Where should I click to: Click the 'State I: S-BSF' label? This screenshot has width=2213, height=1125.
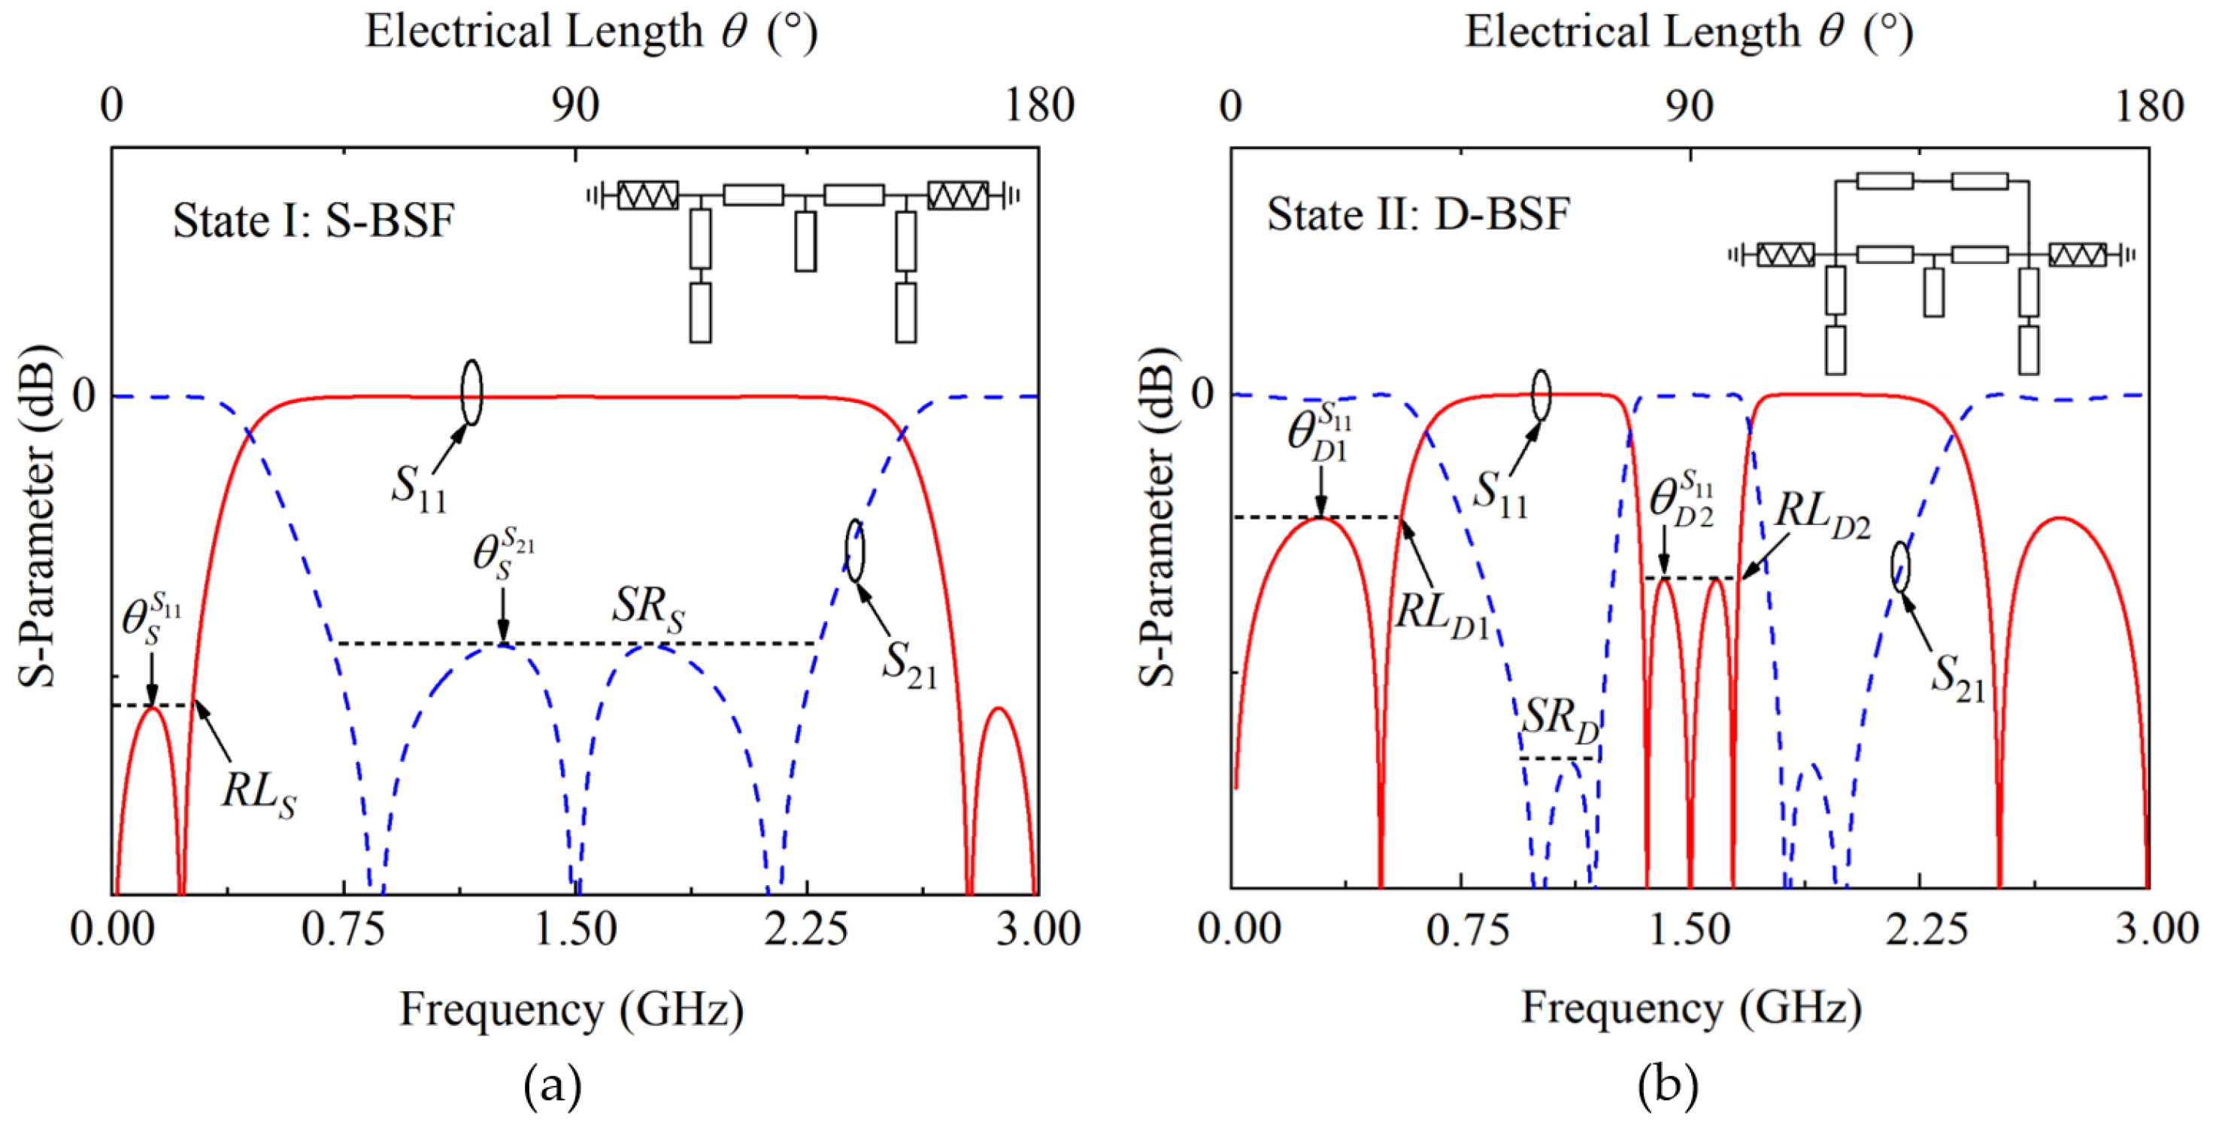point(313,221)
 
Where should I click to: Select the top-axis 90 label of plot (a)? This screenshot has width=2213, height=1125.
point(574,107)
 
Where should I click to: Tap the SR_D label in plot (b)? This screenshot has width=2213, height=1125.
point(1560,718)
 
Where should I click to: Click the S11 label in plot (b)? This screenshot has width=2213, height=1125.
point(1500,494)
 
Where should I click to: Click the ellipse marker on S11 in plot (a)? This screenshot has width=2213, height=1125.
point(471,393)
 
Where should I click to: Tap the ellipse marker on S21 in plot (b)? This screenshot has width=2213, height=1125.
point(1901,567)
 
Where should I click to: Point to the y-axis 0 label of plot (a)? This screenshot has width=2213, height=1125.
point(83,397)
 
